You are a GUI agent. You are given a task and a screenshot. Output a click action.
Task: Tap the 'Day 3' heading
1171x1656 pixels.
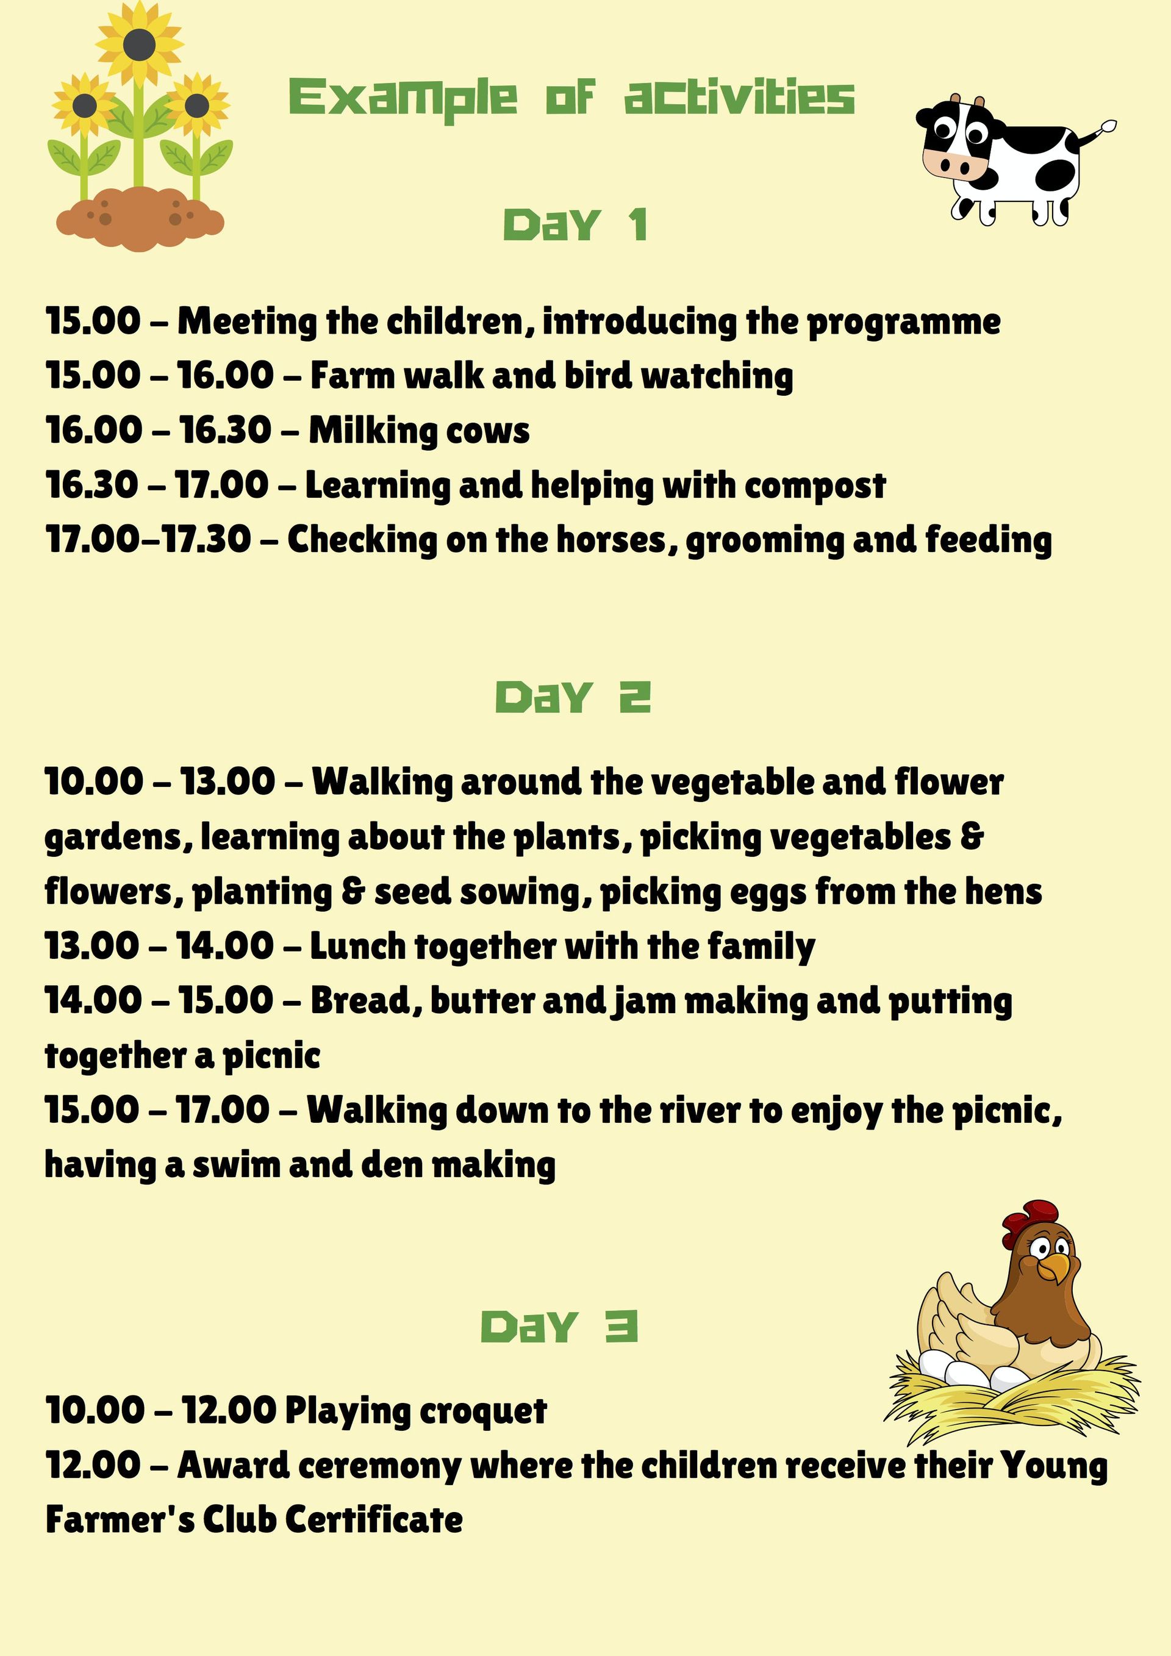pyautogui.click(x=559, y=1327)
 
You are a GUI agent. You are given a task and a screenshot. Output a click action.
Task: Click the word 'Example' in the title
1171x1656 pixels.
pyautogui.click(x=403, y=98)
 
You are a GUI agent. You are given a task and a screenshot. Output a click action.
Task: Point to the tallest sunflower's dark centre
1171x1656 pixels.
pyautogui.click(x=138, y=45)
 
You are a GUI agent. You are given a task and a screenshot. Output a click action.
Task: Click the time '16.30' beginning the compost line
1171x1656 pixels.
pyautogui.click(x=91, y=485)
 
